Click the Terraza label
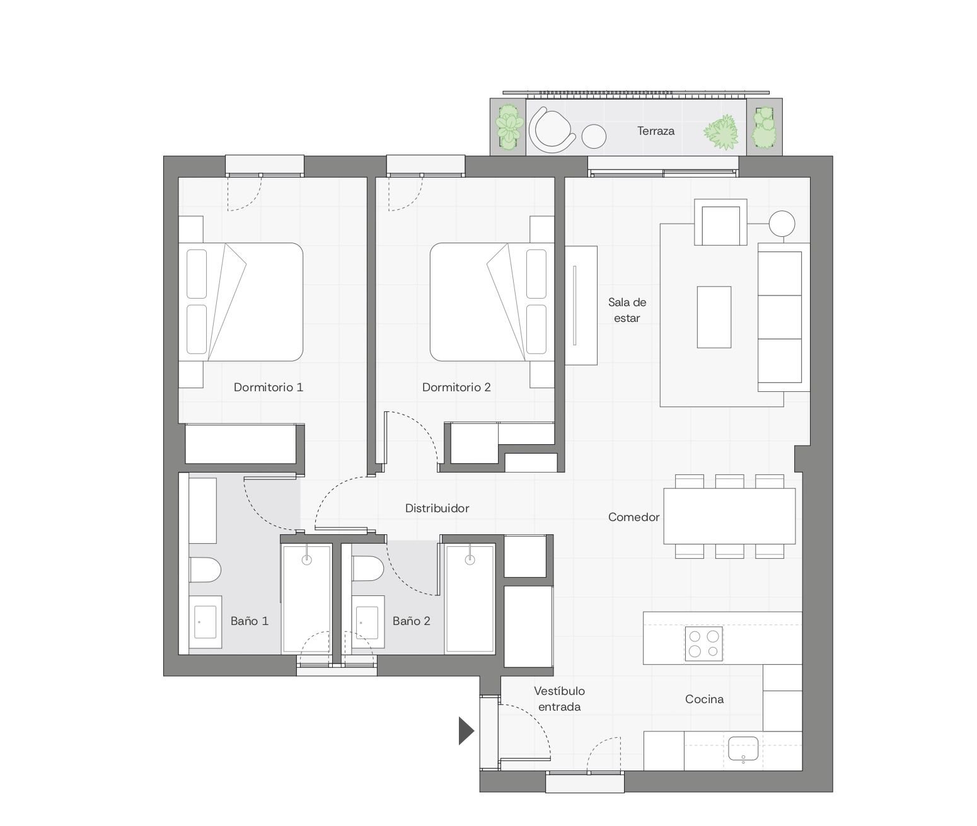pyautogui.click(x=655, y=131)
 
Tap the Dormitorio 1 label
pyautogui.click(x=268, y=387)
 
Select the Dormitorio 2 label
pyautogui.click(x=456, y=387)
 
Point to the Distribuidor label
pyautogui.click(x=437, y=508)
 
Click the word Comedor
pyautogui.click(x=633, y=517)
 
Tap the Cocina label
pyautogui.click(x=704, y=699)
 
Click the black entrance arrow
pyautogui.click(x=466, y=731)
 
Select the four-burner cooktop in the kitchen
pyautogui.click(x=704, y=644)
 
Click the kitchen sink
pyautogui.click(x=743, y=749)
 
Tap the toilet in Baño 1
pyautogui.click(x=205, y=570)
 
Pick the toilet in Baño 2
pyautogui.click(x=367, y=568)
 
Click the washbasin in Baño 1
pyautogui.click(x=205, y=622)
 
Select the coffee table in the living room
pyautogui.click(x=714, y=317)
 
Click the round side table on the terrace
pyautogui.click(x=594, y=137)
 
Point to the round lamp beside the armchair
pyautogui.click(x=782, y=224)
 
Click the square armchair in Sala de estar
pyautogui.click(x=720, y=222)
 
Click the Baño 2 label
pyautogui.click(x=411, y=621)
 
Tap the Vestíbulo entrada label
pyautogui.click(x=559, y=699)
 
